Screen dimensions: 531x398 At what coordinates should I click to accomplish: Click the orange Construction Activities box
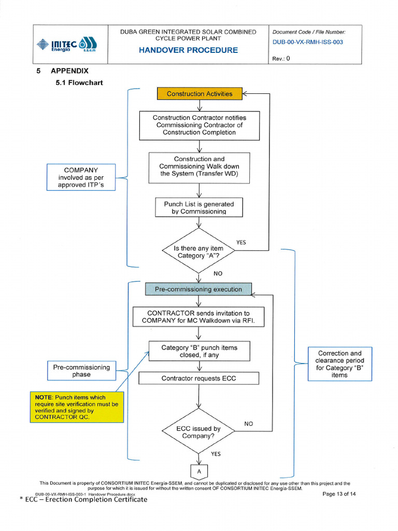(x=200, y=94)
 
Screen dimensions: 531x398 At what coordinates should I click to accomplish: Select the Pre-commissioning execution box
(x=198, y=289)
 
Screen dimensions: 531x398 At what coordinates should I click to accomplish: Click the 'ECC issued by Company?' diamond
(x=198, y=432)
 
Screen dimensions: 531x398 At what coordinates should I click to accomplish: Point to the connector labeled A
(x=199, y=471)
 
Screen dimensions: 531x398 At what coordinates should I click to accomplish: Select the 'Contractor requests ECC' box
(x=198, y=378)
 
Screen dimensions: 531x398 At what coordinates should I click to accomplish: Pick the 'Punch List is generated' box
(x=199, y=207)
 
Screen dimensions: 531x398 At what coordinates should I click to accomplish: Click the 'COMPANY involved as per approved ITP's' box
(x=81, y=177)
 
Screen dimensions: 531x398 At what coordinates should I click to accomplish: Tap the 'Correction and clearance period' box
(x=339, y=364)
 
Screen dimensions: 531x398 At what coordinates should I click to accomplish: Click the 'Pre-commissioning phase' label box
(x=81, y=371)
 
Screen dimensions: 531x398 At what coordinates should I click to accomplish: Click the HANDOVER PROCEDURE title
(x=188, y=50)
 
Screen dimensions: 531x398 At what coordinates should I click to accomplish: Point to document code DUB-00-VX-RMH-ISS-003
(x=307, y=42)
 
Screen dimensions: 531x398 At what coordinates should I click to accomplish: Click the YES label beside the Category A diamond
(x=241, y=242)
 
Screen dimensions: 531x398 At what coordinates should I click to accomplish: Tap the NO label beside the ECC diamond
(x=249, y=424)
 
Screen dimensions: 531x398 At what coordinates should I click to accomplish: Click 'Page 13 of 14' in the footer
(x=339, y=494)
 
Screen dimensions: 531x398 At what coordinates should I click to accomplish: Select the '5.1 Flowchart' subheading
(x=79, y=82)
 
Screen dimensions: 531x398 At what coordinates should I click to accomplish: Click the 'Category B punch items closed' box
(x=199, y=351)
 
